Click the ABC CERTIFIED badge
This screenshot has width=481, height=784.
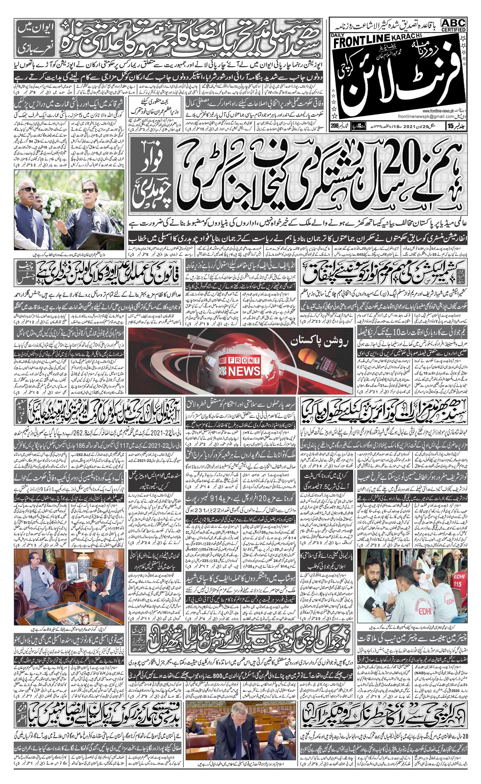453,25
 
